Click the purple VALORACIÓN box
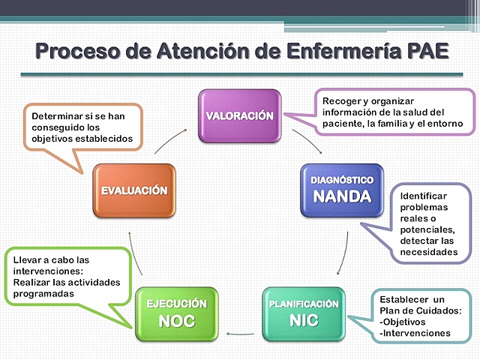(x=239, y=116)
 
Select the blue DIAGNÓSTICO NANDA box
(x=342, y=190)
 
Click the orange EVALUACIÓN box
(x=134, y=191)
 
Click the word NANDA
(x=342, y=198)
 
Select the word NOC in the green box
(x=175, y=322)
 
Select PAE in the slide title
(x=418, y=52)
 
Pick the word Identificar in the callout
(x=423, y=195)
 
